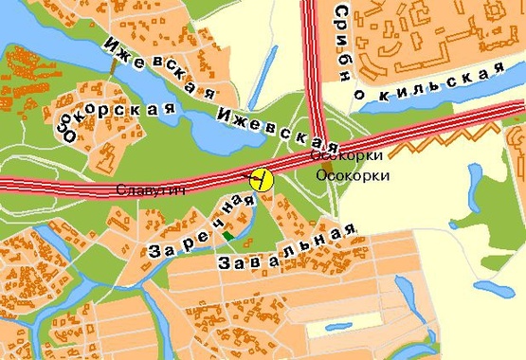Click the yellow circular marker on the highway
(260, 177)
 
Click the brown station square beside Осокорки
(326, 167)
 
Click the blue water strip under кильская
(445, 118)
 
